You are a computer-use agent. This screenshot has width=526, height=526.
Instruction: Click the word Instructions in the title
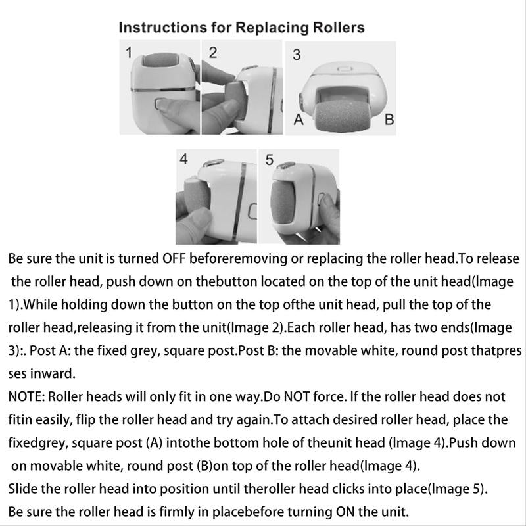pyautogui.click(x=156, y=28)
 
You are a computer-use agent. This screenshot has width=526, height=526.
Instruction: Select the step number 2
pyautogui.click(x=213, y=53)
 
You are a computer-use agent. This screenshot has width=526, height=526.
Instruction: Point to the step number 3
pyautogui.click(x=297, y=55)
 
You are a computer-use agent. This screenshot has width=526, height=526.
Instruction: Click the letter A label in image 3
pyautogui.click(x=297, y=120)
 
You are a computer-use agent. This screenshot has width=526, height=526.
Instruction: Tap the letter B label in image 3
pyautogui.click(x=388, y=120)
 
